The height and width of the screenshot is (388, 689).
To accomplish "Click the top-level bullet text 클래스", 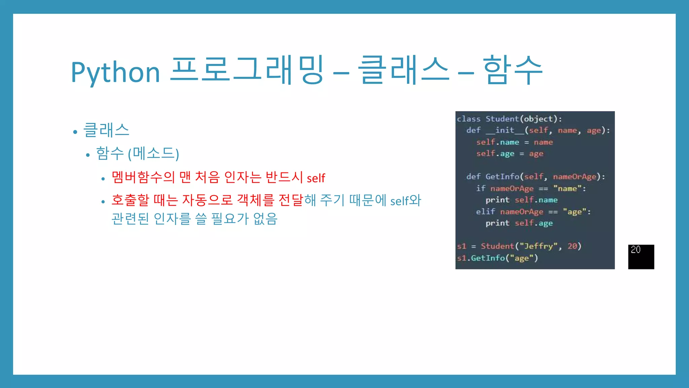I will (106, 130).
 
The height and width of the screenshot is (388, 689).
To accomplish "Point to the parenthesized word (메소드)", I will (153, 154).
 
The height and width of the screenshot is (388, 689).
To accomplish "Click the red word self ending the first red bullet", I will (316, 178).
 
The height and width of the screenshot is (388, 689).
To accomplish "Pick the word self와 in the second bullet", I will (405, 201).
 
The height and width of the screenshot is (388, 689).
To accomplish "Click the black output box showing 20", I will (641, 257).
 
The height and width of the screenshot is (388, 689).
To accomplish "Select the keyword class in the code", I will (469, 119).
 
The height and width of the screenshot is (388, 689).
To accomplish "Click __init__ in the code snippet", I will (505, 130).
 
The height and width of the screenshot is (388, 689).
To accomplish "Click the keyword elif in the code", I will (485, 212).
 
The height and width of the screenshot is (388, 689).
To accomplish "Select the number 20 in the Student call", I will (572, 246).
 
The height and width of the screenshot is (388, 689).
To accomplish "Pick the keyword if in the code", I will (480, 188).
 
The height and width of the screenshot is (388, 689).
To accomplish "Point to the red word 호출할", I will (130, 200).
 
